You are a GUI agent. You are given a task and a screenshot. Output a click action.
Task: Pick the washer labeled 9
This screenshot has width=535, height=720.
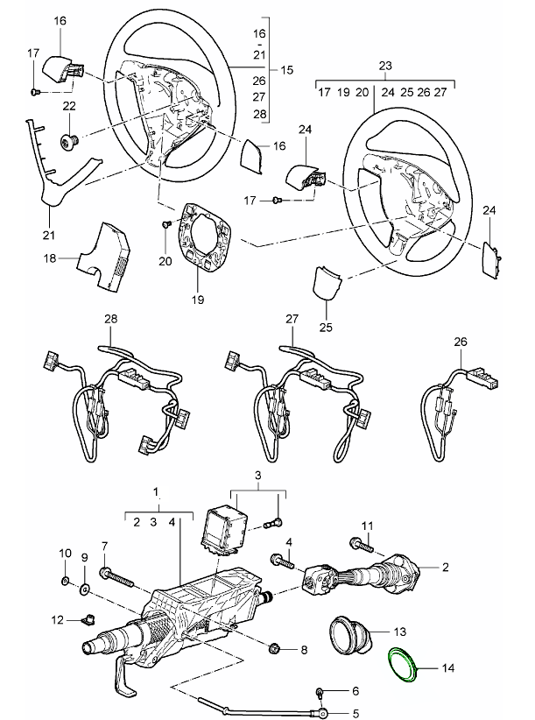click(85, 586)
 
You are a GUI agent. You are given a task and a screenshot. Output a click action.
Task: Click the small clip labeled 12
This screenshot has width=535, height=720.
click(86, 621)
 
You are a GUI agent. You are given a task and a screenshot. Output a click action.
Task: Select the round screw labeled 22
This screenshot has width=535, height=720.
click(68, 140)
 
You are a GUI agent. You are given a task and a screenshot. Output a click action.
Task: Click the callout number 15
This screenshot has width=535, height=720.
click(285, 68)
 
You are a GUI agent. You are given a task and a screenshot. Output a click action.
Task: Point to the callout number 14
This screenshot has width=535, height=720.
click(448, 668)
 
